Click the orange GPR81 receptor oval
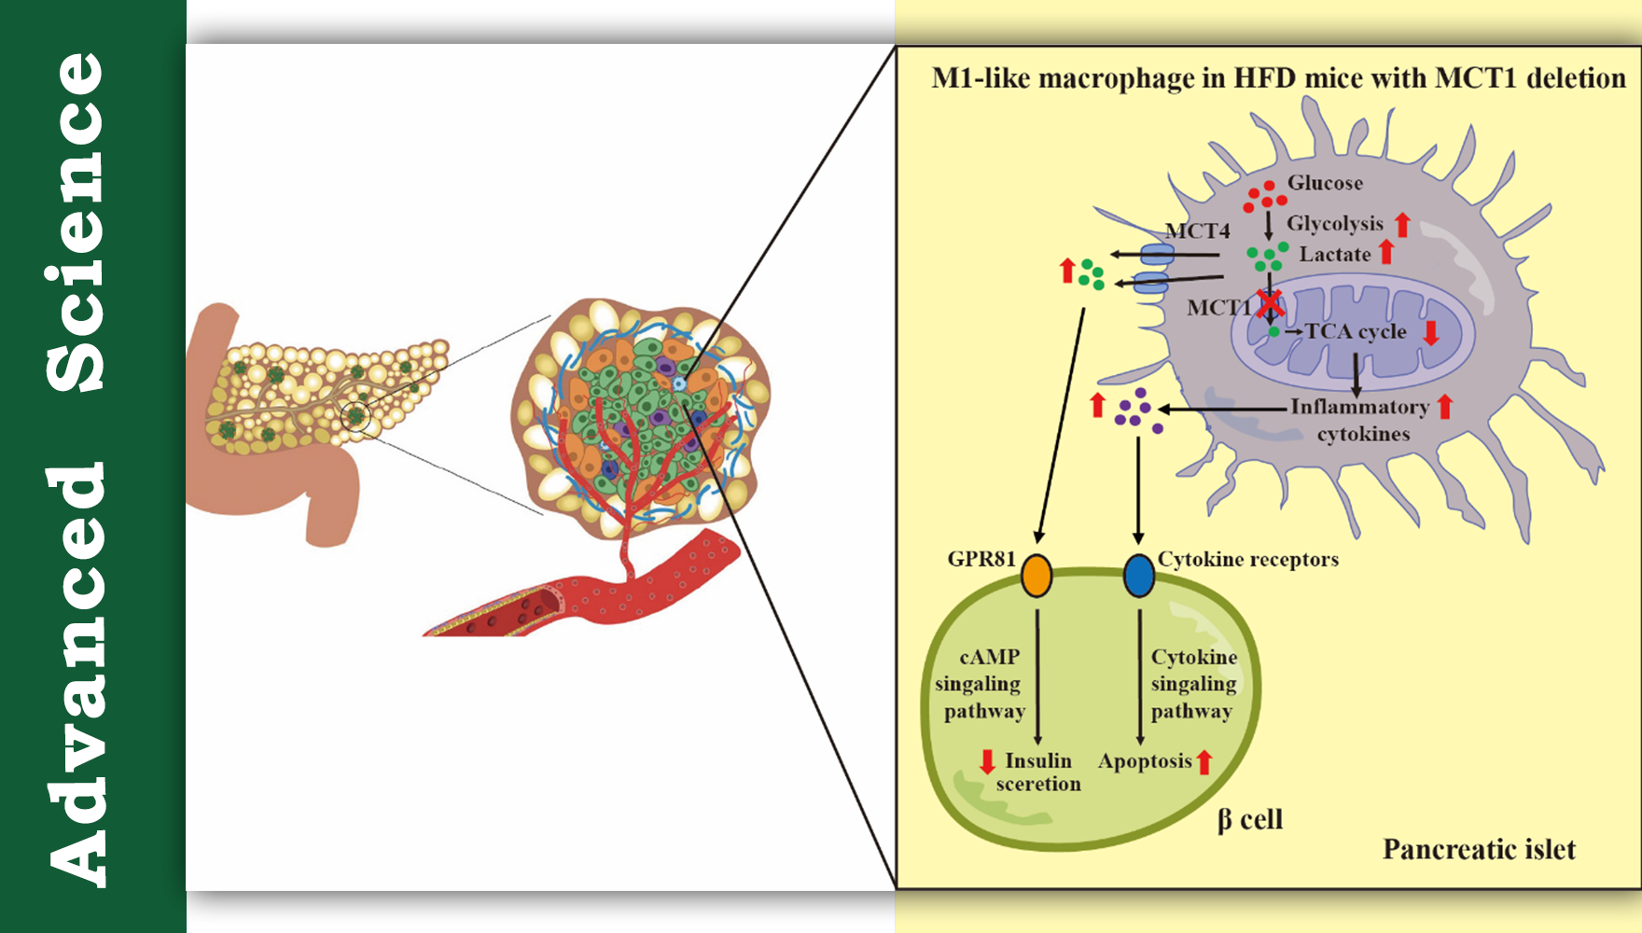[x=1037, y=575]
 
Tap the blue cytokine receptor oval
[x=1138, y=575]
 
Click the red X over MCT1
[x=1270, y=303]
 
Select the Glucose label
[x=1325, y=183]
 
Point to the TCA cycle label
[x=1356, y=331]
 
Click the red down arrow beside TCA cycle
[x=1431, y=332]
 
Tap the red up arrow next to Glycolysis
[x=1402, y=224]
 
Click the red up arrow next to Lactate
[x=1386, y=252]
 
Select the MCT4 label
[x=1197, y=230]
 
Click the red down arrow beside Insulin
[x=987, y=761]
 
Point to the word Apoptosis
[x=1145, y=761]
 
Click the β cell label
[x=1250, y=820]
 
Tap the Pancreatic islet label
[x=1479, y=849]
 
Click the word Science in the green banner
[x=77, y=222]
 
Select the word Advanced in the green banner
[x=77, y=672]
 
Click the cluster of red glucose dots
[x=1264, y=196]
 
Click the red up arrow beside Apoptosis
[x=1204, y=762]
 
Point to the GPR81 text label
[x=981, y=559]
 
